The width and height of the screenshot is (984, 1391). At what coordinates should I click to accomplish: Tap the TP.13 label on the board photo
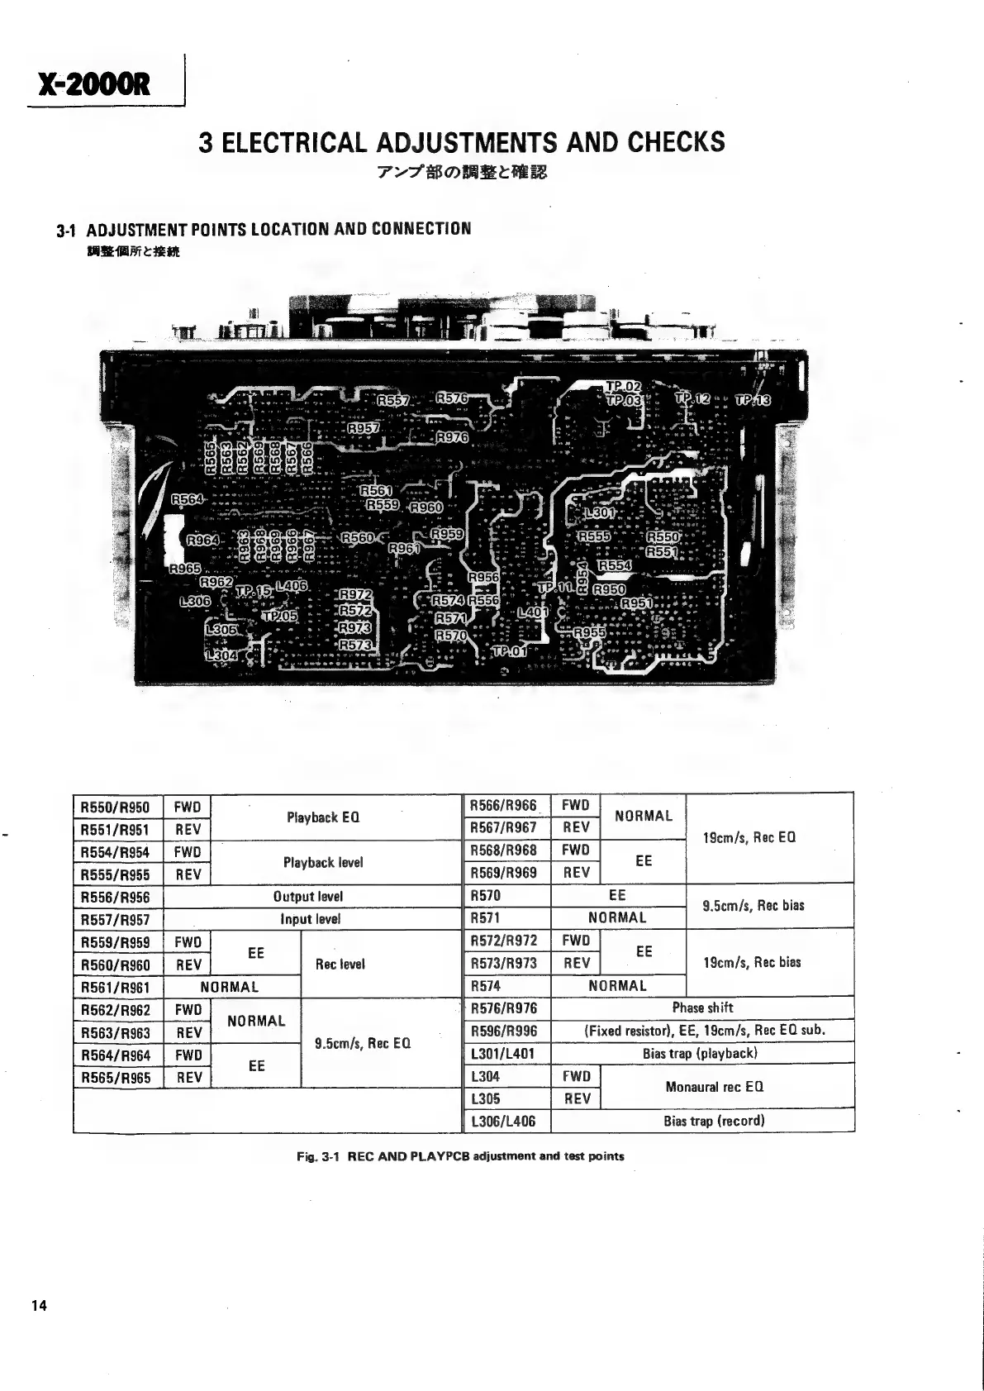pos(752,401)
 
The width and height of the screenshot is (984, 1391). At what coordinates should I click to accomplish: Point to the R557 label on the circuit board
pos(393,401)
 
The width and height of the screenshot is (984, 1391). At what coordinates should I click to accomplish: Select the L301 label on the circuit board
pos(600,514)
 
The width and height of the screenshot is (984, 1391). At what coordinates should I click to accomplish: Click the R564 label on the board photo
pos(188,499)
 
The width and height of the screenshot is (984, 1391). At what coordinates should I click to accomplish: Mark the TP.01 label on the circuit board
pos(508,651)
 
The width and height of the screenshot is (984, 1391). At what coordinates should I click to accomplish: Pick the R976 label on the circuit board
pos(452,437)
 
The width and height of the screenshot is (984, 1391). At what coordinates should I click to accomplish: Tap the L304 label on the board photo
pos(221,655)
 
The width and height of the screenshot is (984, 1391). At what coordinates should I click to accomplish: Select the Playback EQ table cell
pos(322,818)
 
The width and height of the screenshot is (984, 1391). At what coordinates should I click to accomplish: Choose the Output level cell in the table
pos(307,897)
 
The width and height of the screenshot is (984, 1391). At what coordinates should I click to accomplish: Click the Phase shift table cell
pos(702,1008)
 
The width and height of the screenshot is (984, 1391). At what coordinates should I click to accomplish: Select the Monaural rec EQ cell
pos(714,1087)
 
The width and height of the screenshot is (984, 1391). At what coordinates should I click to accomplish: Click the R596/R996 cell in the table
pos(503,1031)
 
